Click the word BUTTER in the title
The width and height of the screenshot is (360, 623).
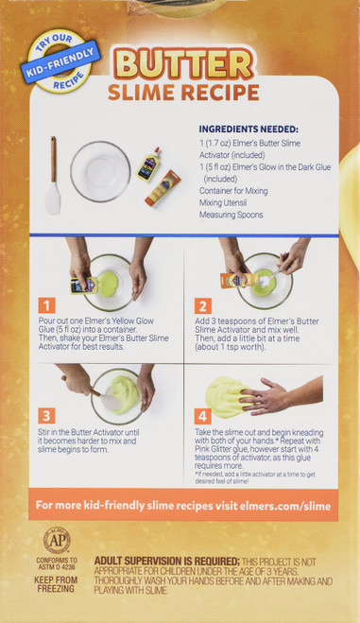[x=183, y=63]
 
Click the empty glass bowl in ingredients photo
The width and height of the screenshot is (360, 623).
[x=100, y=170]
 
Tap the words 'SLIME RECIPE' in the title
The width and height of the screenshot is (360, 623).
[x=183, y=93]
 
